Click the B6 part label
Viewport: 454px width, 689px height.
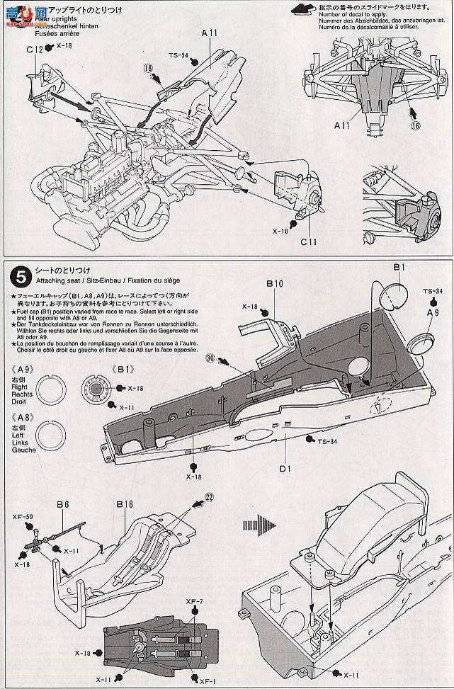coord(62,504)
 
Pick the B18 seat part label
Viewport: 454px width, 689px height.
coord(125,504)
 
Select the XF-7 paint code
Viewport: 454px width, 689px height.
coord(195,601)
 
